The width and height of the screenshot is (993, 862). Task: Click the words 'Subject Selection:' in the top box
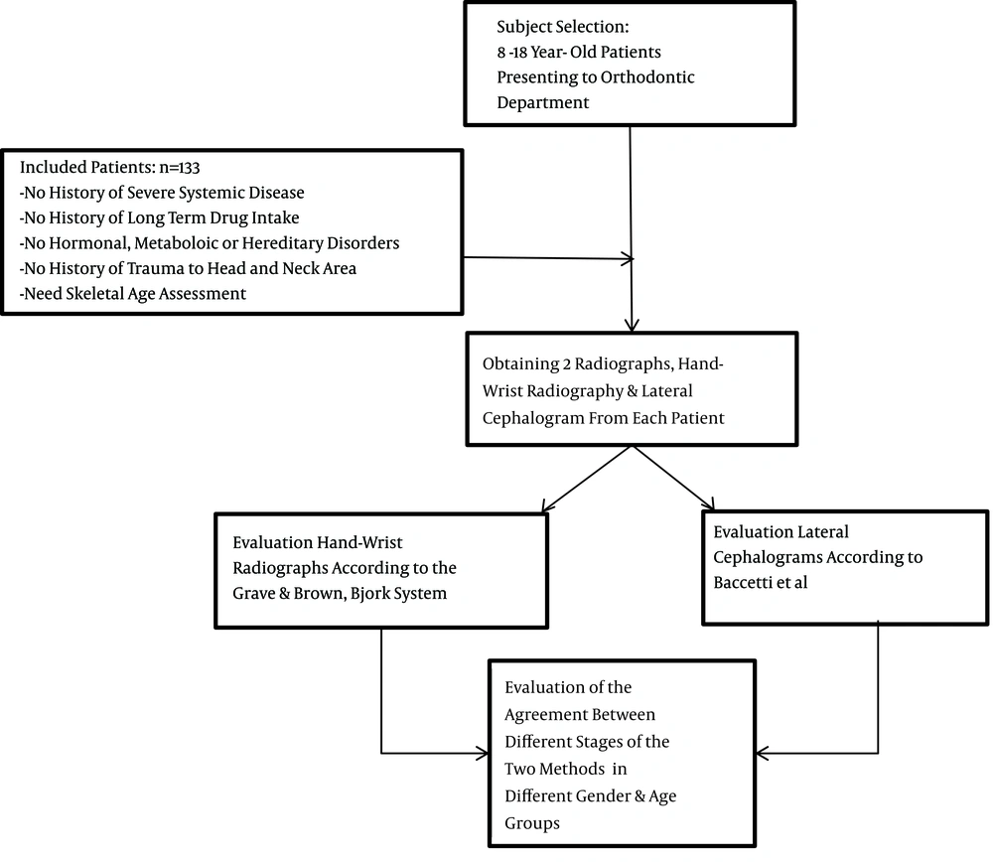point(562,27)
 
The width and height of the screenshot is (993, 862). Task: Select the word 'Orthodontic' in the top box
point(647,77)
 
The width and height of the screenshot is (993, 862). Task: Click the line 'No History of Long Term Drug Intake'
point(159,217)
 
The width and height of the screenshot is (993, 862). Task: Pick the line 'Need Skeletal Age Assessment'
point(132,294)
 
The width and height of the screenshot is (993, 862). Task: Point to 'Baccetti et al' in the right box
point(760,583)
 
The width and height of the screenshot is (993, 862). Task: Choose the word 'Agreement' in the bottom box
point(580,715)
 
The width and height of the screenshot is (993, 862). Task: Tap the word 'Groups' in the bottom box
point(532,823)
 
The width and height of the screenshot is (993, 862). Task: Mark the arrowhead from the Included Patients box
point(628,258)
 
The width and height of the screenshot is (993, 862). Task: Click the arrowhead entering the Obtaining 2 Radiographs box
point(632,325)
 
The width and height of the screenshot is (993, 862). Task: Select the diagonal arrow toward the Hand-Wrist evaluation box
point(587,479)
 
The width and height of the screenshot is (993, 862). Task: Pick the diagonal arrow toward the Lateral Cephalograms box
point(673,479)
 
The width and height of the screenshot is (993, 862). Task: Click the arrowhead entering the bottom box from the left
point(482,753)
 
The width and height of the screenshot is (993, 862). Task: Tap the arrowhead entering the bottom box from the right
point(763,753)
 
